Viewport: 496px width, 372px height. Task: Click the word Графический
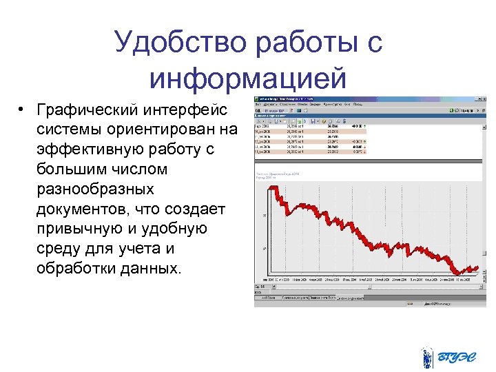pyautogui.click(x=83, y=111)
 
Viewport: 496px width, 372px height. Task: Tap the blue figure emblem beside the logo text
pyautogui.click(x=428, y=358)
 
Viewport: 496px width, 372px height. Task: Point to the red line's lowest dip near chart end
pyautogui.click(x=457, y=271)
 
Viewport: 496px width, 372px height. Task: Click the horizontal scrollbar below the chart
pyautogui.click(x=365, y=286)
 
